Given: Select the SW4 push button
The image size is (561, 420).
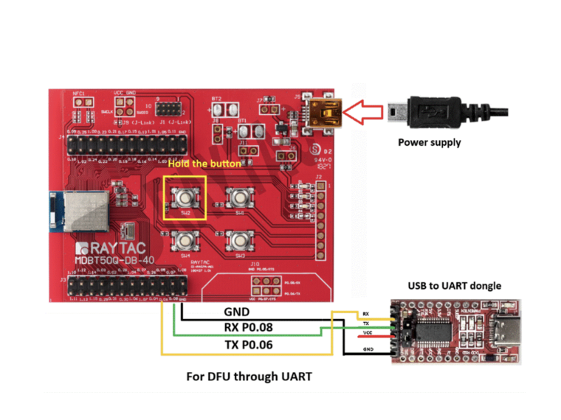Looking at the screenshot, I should (x=185, y=240).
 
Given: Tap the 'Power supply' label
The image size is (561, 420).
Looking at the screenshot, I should (x=429, y=142).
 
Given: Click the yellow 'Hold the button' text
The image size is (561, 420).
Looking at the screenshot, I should (x=204, y=163).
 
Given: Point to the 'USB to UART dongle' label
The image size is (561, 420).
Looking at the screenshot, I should (x=455, y=285).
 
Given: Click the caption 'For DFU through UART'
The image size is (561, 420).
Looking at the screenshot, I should (x=249, y=377).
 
